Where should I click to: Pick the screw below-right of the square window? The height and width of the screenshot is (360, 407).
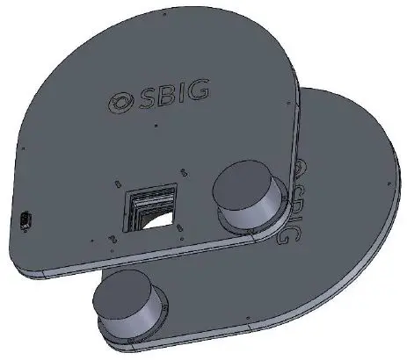(179, 230)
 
